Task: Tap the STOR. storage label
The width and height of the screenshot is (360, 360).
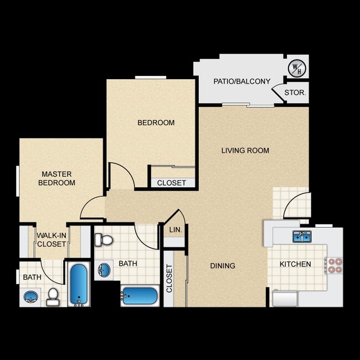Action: pos(295,92)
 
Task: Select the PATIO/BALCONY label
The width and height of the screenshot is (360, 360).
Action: pos(242,81)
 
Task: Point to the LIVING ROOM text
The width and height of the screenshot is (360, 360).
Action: pos(245,150)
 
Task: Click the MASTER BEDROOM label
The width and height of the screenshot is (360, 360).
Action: pos(56,178)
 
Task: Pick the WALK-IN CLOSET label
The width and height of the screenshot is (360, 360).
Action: pos(52,239)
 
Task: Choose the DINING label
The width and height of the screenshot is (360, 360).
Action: pos(223,265)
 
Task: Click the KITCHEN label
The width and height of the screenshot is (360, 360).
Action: pos(295,264)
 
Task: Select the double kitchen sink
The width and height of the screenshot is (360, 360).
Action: pos(302,236)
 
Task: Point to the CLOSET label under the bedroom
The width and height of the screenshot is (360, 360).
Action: pos(172,182)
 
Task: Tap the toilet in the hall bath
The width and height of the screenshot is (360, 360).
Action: pos(104,240)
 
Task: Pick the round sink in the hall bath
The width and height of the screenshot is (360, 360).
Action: pos(105,271)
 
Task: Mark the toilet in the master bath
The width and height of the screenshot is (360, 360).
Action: pos(53,296)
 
